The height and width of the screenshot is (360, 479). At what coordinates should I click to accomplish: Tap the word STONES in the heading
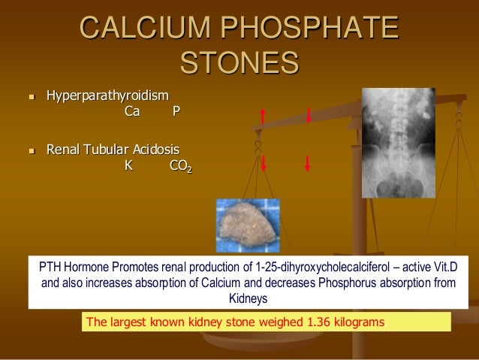click(239, 63)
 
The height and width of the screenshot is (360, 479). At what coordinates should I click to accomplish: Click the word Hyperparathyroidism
click(107, 96)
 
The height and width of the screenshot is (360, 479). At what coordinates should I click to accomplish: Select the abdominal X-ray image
click(398, 143)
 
